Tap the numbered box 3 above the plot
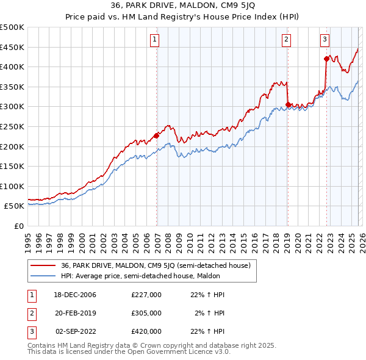[325, 40]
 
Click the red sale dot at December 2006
[157, 135]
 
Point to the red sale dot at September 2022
[326, 59]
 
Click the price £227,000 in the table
[146, 294]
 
